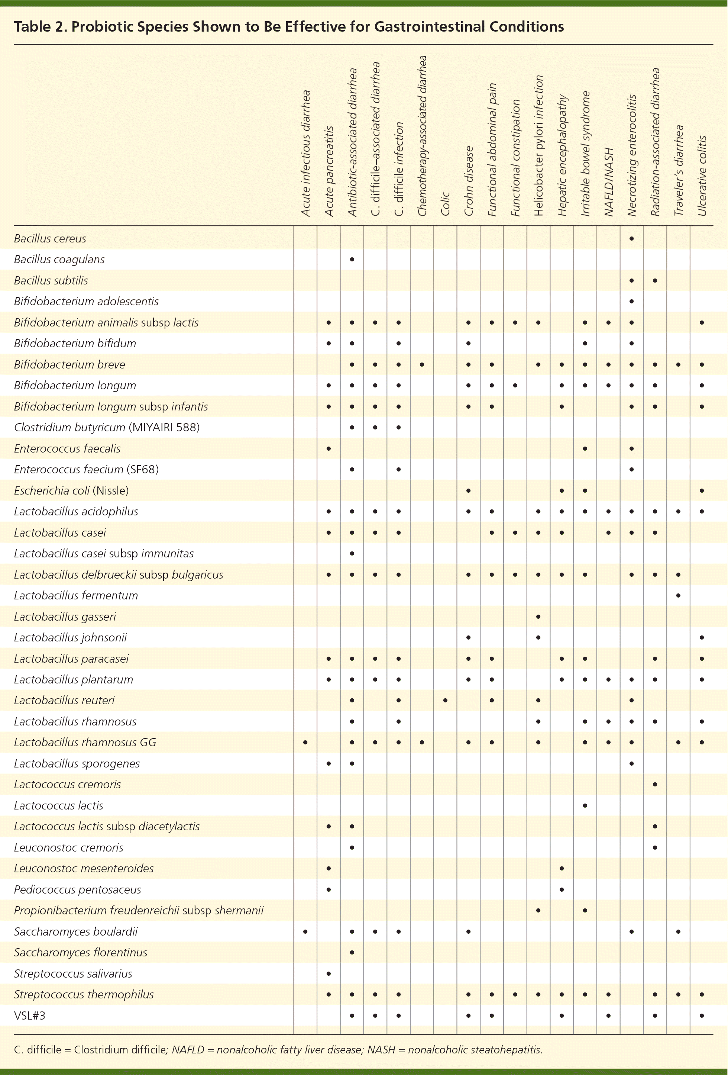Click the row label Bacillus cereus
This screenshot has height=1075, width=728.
point(50,239)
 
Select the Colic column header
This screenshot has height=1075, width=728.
point(445,203)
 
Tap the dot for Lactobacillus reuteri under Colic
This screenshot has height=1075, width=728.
point(445,700)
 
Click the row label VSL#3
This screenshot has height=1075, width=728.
point(30,1016)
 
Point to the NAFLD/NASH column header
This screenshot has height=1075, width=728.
point(609,182)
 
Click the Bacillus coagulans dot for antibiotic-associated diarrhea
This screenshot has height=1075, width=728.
point(352,260)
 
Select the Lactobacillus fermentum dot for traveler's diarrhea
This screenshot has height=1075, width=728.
point(678,595)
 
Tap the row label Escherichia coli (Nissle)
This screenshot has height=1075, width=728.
point(71,490)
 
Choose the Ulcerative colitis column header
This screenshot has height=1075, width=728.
point(702,176)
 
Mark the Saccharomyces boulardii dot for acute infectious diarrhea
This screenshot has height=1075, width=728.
point(305,931)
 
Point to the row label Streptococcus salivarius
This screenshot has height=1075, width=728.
point(73,974)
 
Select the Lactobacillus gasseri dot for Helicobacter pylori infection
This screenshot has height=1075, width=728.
point(538,617)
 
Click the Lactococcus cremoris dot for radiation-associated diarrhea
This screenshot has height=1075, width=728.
point(655,785)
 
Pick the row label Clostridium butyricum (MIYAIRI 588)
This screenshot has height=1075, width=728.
point(107,427)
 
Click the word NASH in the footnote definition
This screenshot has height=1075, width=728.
point(381,1050)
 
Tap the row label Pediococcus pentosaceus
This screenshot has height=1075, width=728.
point(77,889)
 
